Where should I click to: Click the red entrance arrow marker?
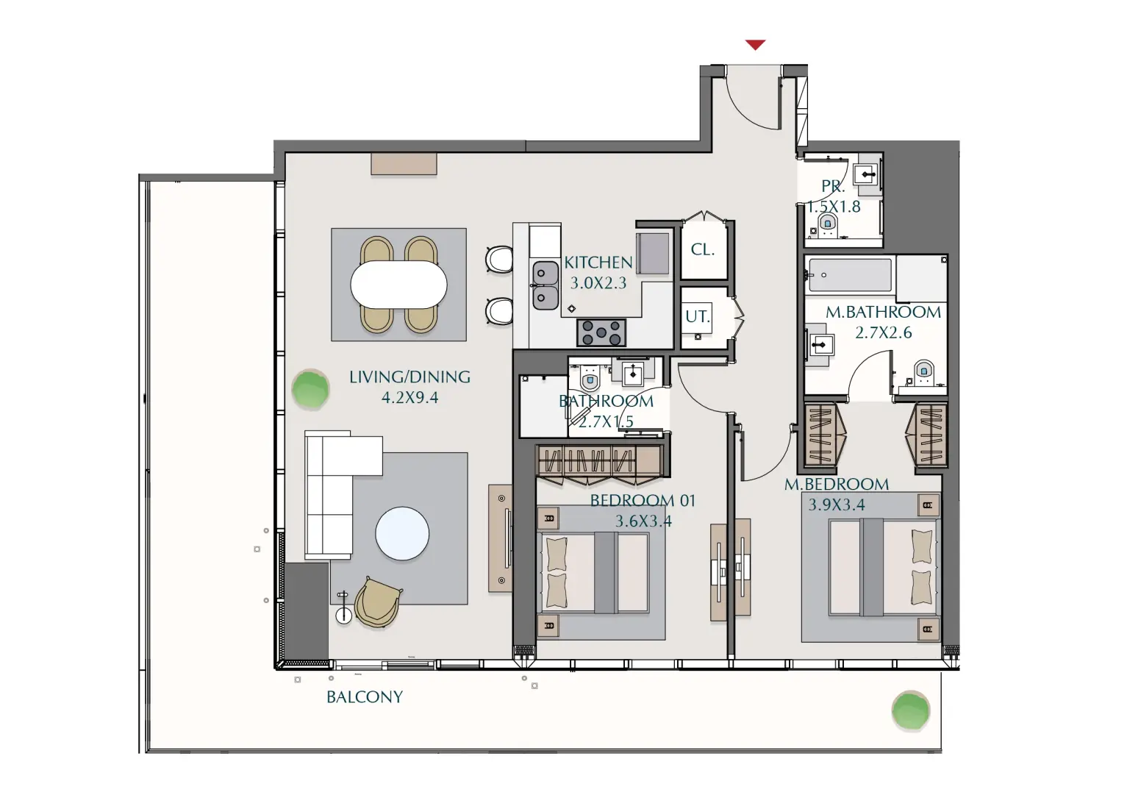(x=755, y=45)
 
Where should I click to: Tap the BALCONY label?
(x=365, y=697)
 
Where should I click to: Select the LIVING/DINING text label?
(x=409, y=377)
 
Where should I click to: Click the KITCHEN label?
(x=598, y=263)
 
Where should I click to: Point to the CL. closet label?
(x=703, y=250)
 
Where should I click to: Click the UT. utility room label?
(x=698, y=317)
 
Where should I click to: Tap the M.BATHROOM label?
(x=883, y=313)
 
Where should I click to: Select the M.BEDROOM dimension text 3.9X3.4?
(x=837, y=505)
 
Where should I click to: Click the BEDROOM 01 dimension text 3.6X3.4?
(x=643, y=521)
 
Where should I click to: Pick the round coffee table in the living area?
(x=402, y=534)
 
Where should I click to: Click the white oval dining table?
(x=398, y=285)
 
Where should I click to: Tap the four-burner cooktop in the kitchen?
(x=601, y=332)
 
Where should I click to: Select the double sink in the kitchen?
(x=545, y=285)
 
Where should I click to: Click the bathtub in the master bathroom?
(x=849, y=275)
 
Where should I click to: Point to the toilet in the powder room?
(x=828, y=223)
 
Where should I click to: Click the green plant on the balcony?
(x=910, y=711)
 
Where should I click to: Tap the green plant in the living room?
(x=310, y=389)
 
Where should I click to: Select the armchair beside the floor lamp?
(x=378, y=602)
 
